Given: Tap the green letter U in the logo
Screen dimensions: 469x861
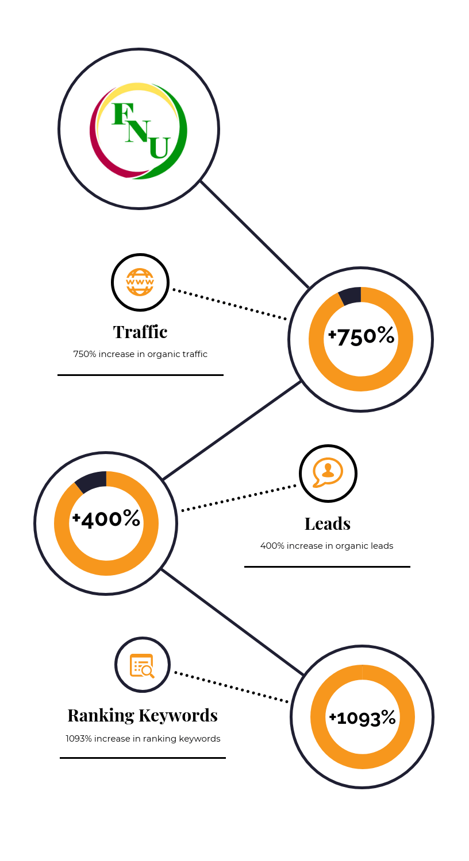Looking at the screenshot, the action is [x=159, y=148].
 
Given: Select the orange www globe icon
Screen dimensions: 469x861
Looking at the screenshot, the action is [x=140, y=282].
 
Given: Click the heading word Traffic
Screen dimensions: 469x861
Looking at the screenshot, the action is [x=140, y=332].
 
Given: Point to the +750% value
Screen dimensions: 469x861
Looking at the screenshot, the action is [x=362, y=336].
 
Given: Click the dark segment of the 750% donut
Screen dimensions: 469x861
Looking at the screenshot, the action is [x=350, y=296].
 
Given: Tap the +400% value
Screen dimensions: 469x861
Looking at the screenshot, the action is [x=106, y=519].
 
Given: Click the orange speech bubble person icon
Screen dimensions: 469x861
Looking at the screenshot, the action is [x=328, y=472].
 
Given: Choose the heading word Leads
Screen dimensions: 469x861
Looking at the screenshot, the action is [x=328, y=523].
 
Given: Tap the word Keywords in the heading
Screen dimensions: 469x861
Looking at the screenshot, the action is [x=178, y=715].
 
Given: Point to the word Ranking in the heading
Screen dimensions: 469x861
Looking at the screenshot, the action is [x=101, y=716].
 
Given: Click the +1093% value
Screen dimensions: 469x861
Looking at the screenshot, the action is [x=363, y=717].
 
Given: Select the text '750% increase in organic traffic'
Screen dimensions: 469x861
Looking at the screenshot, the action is [x=140, y=354].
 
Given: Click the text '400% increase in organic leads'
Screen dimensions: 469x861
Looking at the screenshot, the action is [x=326, y=546].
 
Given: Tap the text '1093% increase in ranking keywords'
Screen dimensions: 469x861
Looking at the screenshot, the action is [x=143, y=739].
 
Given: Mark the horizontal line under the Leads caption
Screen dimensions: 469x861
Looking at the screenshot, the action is [x=327, y=567].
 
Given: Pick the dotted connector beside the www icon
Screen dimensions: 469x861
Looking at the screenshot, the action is [x=230, y=304].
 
